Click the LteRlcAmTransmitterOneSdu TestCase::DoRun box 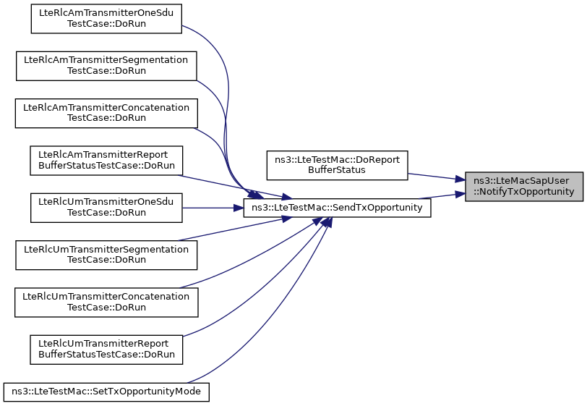[106, 19]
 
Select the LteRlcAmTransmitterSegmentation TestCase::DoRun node [106, 66]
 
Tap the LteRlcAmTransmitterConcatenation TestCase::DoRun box [106, 113]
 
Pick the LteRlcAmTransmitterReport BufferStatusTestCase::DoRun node [106, 161]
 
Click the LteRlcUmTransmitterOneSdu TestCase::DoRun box [106, 208]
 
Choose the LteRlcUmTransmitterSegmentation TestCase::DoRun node [106, 255]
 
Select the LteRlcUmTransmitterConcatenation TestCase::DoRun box [106, 303]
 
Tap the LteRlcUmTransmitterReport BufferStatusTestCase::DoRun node [106, 350]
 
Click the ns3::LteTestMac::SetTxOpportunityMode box [106, 392]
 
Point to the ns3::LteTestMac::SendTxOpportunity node [337, 208]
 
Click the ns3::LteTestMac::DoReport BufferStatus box [337, 165]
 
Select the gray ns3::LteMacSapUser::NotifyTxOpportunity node [523, 187]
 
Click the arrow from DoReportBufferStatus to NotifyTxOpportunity [437, 177]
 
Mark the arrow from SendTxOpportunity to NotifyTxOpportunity [442, 196]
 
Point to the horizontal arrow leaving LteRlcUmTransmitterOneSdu [213, 208]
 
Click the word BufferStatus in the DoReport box [337, 170]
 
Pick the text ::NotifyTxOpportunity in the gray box [523, 192]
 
